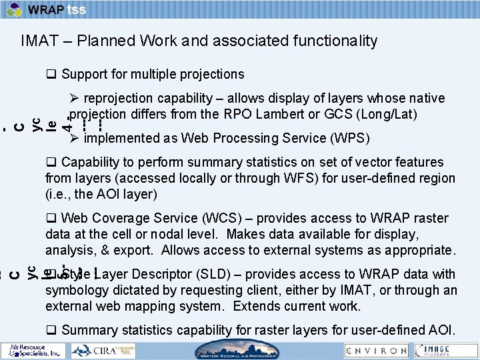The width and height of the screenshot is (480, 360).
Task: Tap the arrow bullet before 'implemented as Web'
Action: pos(75,139)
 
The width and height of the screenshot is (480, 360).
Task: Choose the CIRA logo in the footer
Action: pos(100,350)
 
